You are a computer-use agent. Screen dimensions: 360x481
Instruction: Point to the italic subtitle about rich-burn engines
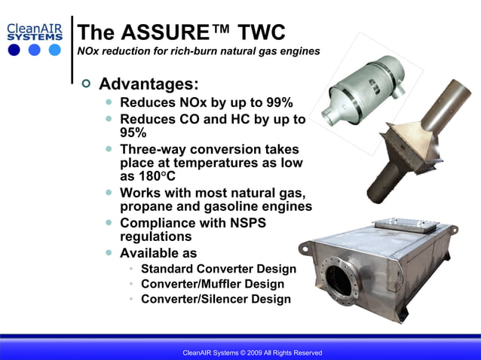coord(198,51)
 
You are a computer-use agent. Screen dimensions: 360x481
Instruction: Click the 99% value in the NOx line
coord(276,102)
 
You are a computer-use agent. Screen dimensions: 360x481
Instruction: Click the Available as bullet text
coord(158,253)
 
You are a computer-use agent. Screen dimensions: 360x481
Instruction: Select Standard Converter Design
coord(219,269)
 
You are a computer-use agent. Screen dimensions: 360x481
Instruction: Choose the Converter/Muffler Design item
coord(213,284)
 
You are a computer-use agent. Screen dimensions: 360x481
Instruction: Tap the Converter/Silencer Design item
coord(216,299)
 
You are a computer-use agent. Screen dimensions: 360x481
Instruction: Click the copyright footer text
coord(253,352)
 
